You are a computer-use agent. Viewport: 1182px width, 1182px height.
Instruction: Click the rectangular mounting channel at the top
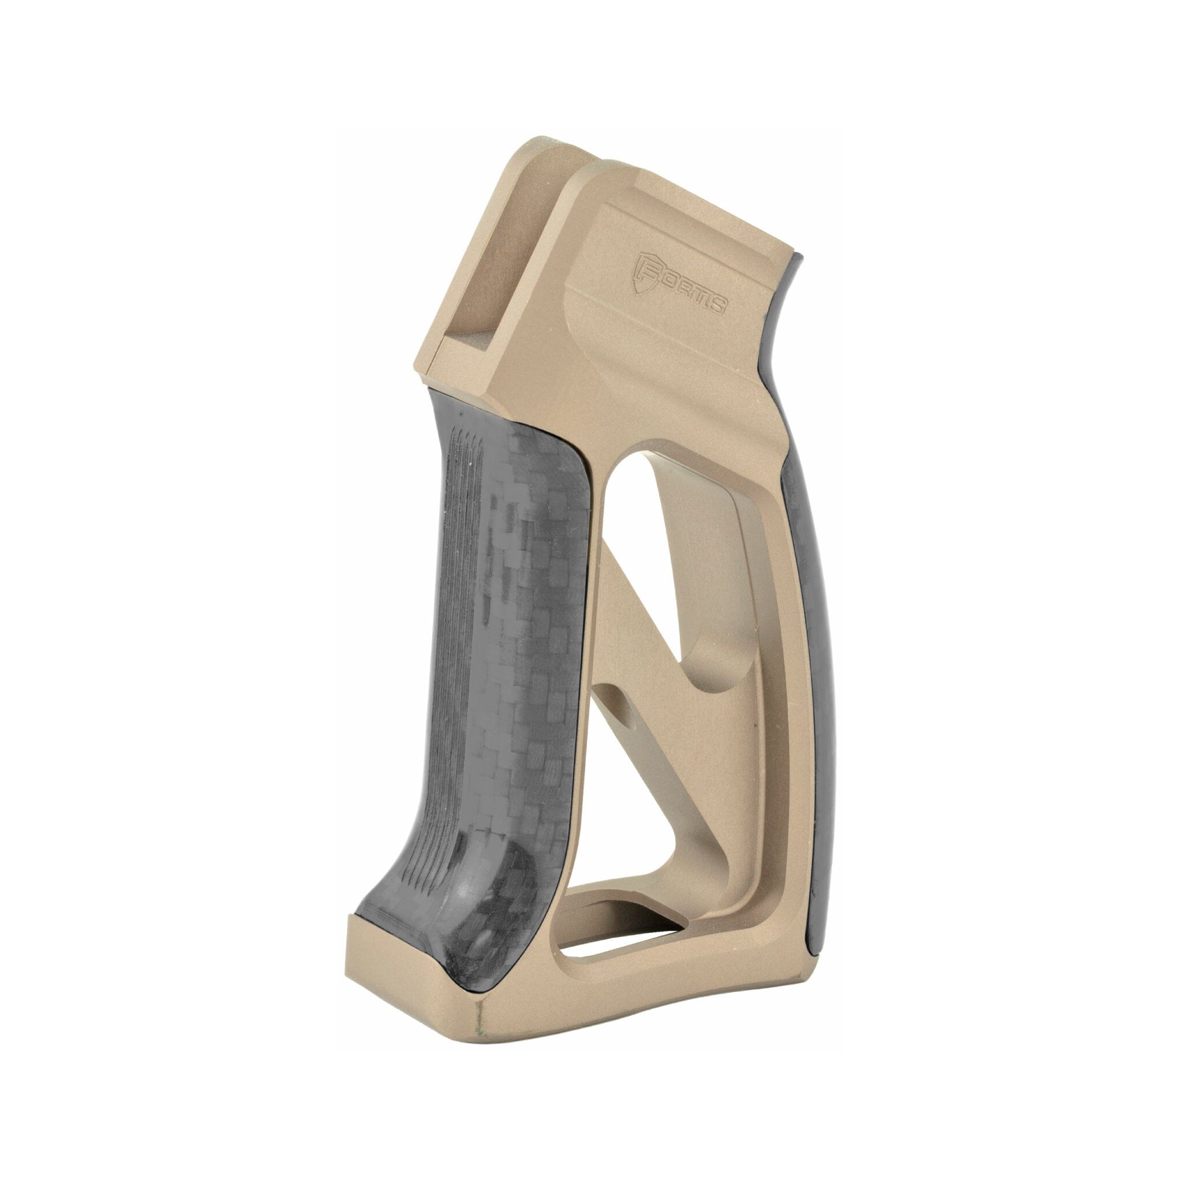coord(471,287)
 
